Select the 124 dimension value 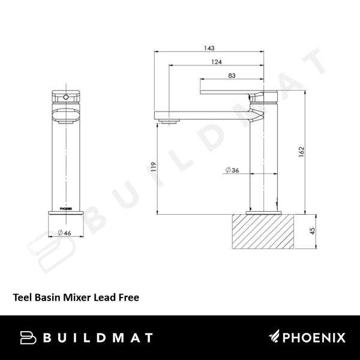[217, 62]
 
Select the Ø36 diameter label [232, 170]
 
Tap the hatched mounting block [263, 231]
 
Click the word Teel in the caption [23, 295]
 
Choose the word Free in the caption [129, 295]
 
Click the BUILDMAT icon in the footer [29, 337]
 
